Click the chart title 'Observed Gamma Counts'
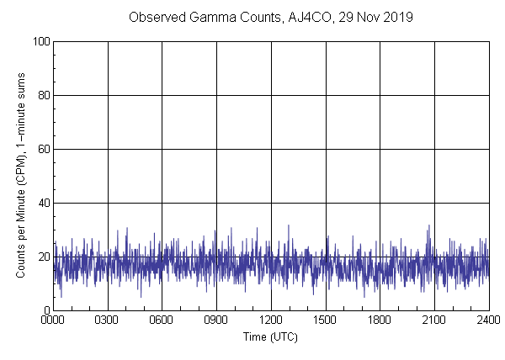[x=199, y=17]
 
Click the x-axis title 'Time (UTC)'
[x=270, y=336]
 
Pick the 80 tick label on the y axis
[x=42, y=95]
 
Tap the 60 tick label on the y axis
[x=42, y=149]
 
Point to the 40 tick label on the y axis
[x=42, y=203]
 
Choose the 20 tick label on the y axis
[x=42, y=257]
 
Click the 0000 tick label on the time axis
[x=53, y=320]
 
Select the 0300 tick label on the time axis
[x=108, y=320]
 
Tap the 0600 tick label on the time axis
[x=162, y=320]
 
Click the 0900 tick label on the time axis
[x=216, y=320]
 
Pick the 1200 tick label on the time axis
[x=271, y=320]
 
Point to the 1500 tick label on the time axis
[x=326, y=320]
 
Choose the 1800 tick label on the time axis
[x=380, y=320]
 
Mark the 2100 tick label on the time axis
[x=434, y=320]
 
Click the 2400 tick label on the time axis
[x=488, y=320]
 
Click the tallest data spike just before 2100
[x=428, y=226]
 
